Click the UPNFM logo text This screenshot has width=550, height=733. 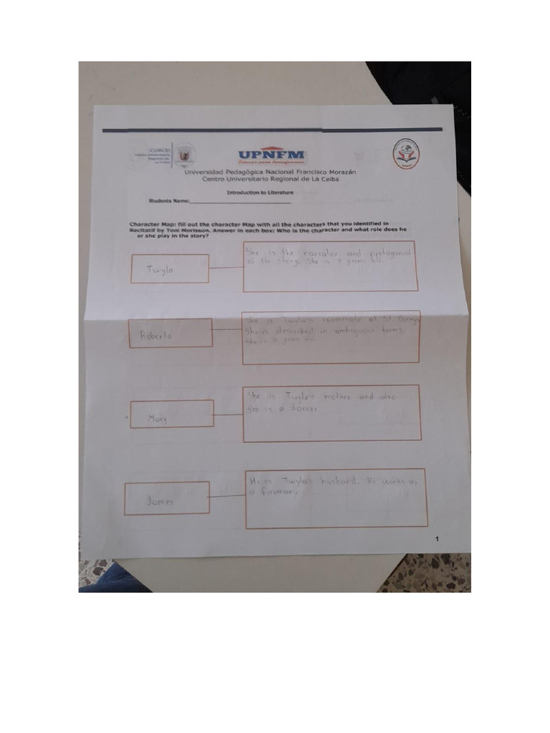271,154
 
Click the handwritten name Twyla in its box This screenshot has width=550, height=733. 160,270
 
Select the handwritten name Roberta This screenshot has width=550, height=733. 158,335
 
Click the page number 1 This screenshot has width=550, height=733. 437,538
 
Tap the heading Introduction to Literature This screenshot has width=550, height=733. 259,193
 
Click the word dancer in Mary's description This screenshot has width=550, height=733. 302,408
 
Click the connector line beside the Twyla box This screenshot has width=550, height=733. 226,268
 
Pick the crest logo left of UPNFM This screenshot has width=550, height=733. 185,154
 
